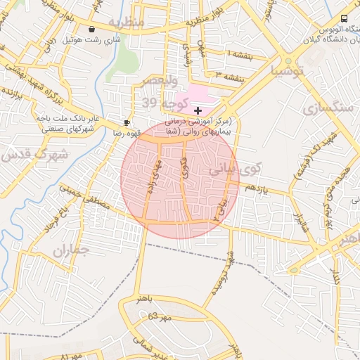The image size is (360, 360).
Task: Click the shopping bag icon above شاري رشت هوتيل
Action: [x=92, y=30]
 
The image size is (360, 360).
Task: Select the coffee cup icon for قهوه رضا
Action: [x=127, y=122]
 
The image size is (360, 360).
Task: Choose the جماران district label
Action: [x=70, y=250]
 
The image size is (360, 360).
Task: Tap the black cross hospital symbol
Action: [x=198, y=110]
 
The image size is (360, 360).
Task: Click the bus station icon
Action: [x=344, y=19]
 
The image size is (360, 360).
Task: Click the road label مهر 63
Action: [x=160, y=317]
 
